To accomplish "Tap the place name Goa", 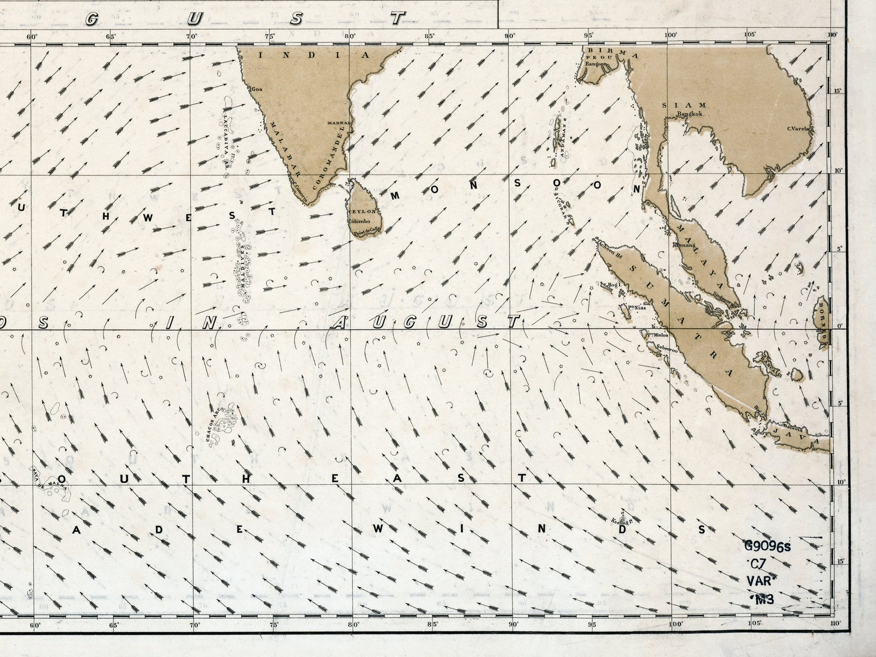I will pos(257,89).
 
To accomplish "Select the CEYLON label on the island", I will pos(364,212).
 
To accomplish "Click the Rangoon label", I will pos(596,63).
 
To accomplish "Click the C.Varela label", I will pos(798,129).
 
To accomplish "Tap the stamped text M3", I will pos(762,599).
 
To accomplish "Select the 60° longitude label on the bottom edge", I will pos(35,625).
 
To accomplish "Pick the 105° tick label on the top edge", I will pos(749,35).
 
